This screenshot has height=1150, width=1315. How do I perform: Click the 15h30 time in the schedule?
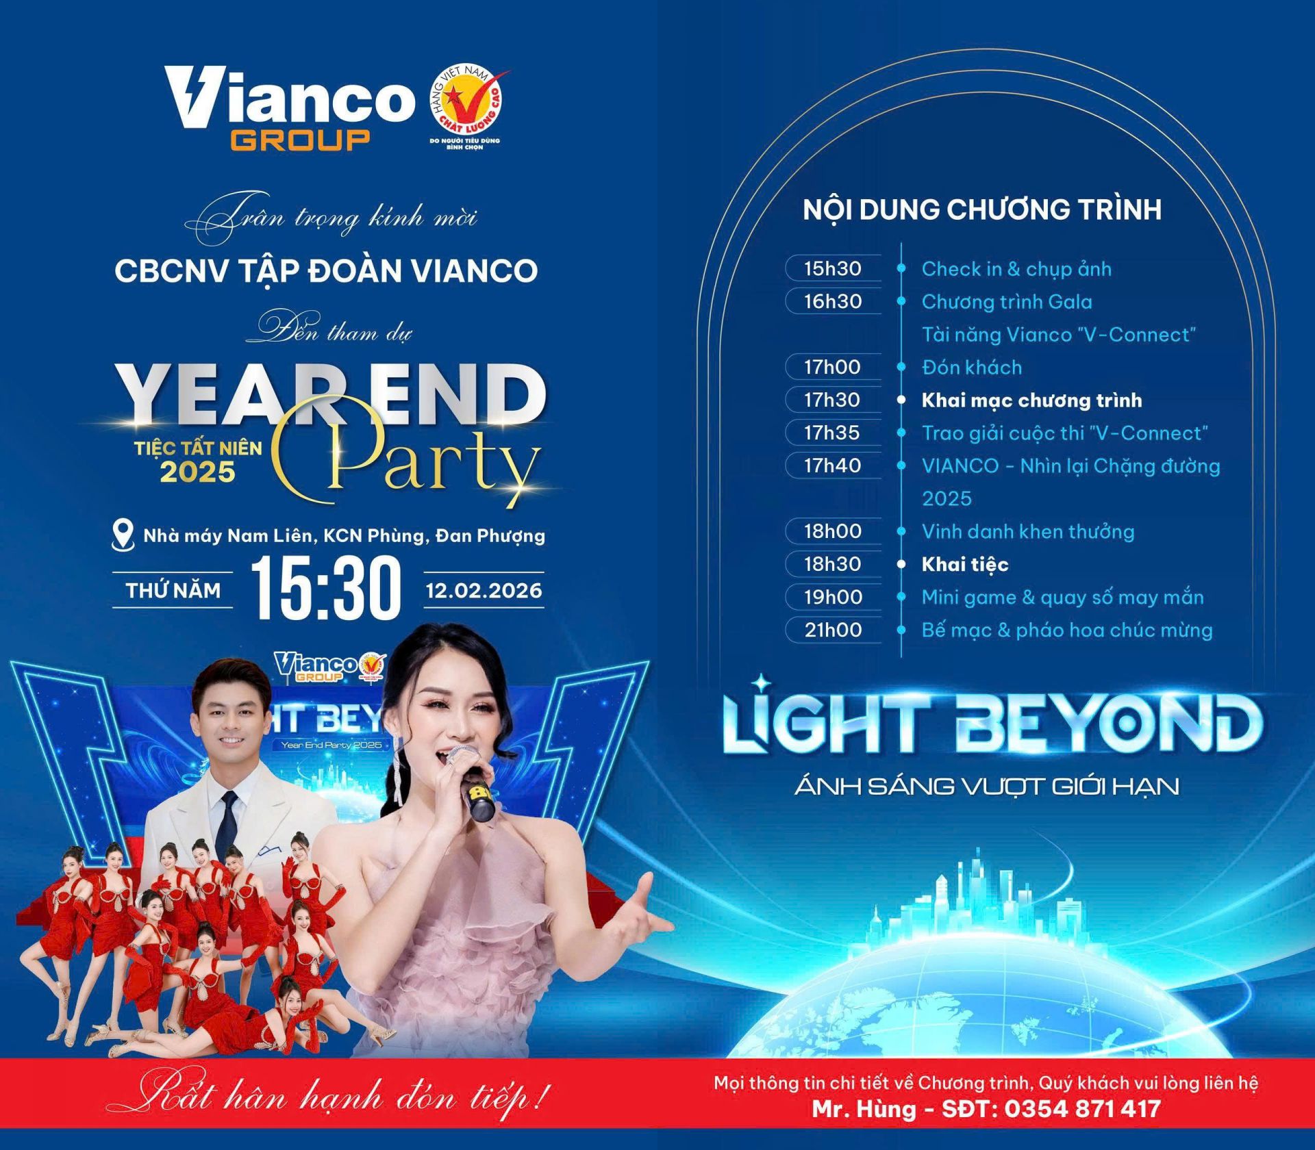tap(833, 268)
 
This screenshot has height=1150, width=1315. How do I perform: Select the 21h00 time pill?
tap(833, 630)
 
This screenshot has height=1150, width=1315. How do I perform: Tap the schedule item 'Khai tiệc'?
tap(965, 565)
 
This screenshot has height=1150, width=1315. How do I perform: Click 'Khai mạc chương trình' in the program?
tap(1031, 400)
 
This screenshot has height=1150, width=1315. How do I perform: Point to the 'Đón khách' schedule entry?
tap(972, 368)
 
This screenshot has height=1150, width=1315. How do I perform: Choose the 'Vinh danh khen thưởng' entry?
tap(1028, 532)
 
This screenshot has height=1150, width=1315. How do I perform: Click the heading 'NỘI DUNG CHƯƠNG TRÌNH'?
tap(982, 209)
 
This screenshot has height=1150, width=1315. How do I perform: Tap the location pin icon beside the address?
tap(123, 535)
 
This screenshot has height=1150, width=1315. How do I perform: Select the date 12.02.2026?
tap(484, 590)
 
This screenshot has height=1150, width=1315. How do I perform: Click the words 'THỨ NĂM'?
tap(173, 590)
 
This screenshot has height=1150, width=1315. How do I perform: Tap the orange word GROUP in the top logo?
tap(301, 140)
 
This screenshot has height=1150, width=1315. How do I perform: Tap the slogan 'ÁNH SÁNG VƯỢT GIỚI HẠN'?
tap(987, 786)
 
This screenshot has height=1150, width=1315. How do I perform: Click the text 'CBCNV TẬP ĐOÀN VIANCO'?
tap(326, 271)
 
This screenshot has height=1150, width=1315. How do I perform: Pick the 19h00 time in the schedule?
tap(833, 597)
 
